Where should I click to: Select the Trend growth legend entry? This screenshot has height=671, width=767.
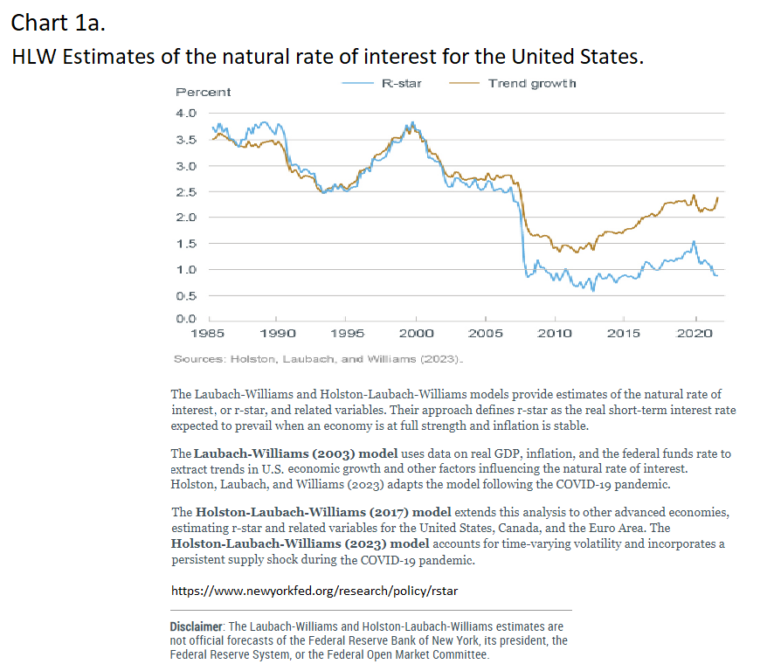532,83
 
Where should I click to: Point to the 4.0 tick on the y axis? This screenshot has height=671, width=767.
187,114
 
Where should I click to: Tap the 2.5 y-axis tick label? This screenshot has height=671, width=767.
187,191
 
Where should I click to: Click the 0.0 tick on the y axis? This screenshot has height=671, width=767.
187,321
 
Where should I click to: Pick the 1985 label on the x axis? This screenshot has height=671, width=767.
207,333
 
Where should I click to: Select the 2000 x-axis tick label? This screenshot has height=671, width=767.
416,333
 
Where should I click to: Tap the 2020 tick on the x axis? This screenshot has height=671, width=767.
694,333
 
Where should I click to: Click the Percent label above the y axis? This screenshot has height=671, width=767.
203,92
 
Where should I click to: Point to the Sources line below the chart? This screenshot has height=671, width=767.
319,359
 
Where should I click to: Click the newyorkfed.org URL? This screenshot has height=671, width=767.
314,591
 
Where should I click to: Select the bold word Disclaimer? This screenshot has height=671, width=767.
197,626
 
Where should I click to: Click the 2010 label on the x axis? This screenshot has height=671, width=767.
555,333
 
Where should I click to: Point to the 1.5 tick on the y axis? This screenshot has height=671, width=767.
187,243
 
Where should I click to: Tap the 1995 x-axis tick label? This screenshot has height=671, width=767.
346,333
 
